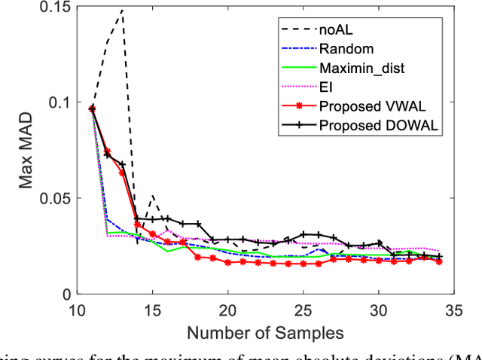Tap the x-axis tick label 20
[x=227, y=309]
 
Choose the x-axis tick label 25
[x=303, y=309]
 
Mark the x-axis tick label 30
[x=379, y=309]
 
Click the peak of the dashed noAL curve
[x=122, y=11]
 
